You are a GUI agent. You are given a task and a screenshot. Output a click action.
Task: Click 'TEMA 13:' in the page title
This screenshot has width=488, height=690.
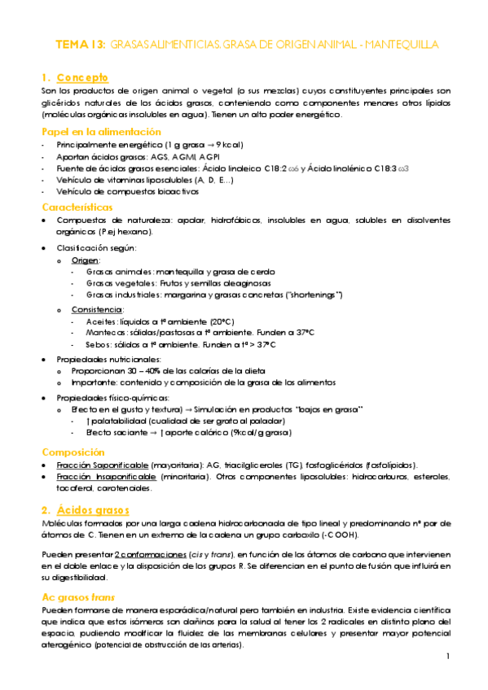[79, 43]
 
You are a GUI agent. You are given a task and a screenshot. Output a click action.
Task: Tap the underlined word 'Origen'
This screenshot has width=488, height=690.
[86, 260]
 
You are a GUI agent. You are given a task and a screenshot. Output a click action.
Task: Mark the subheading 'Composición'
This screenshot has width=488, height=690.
[77, 452]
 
